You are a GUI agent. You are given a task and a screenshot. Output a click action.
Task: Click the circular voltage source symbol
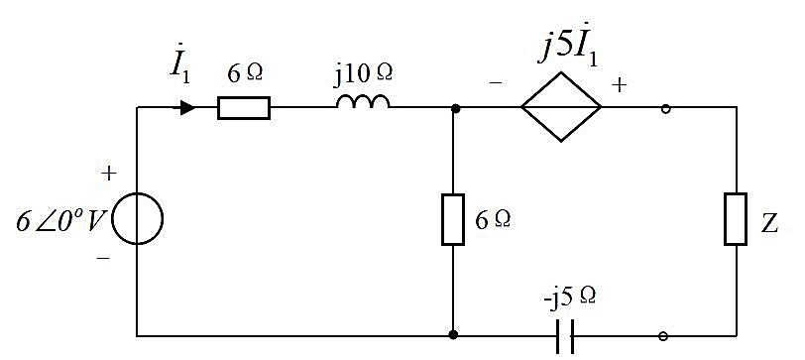coord(137,193)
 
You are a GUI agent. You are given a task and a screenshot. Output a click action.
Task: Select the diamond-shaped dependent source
coord(561,72)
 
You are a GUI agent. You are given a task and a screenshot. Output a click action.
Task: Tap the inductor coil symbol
coord(363,102)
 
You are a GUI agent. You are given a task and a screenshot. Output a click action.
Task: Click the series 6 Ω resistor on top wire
coord(244,108)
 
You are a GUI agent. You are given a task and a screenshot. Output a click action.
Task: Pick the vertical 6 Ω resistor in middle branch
coord(453,219)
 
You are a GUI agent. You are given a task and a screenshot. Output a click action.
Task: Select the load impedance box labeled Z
coord(736,219)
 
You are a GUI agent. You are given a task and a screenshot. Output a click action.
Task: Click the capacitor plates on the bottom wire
coord(565,336)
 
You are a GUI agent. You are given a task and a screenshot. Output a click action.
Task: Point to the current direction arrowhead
coord(187,108)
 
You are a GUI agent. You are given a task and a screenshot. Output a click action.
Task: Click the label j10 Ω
coord(365,73)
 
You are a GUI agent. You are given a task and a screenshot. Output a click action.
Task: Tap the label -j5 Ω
coord(570,298)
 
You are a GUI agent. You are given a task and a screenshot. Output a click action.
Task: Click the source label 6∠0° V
coord(60,222)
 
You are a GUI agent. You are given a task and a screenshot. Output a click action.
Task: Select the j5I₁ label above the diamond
coord(568,50)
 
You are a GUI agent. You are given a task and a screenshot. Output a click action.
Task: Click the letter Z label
coord(769,224)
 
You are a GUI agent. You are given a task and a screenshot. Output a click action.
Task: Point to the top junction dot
coord(454,108)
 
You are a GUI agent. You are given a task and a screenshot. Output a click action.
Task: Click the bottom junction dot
coord(453,335)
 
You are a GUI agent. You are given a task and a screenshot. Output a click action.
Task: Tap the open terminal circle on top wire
coord(665,108)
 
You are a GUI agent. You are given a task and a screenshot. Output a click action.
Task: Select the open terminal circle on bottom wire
coord(663,336)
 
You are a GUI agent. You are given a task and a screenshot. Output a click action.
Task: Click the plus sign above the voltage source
coord(108,174)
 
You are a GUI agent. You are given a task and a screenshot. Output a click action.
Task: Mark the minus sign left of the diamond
coord(496,82)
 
